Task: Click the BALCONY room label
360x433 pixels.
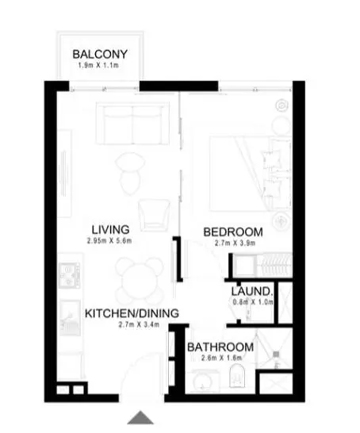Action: (x=100, y=54)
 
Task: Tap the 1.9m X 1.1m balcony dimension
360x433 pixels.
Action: (x=98, y=66)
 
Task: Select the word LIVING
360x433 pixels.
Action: (x=110, y=230)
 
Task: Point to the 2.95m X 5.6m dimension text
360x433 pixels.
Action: (x=109, y=241)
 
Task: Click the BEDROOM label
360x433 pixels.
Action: (x=233, y=232)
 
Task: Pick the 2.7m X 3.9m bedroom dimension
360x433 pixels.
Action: (x=235, y=243)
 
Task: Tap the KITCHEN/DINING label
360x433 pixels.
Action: (x=132, y=313)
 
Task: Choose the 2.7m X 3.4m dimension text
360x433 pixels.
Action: (x=139, y=324)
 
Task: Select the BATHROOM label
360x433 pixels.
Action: (x=220, y=347)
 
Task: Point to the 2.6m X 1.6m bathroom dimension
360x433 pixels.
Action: (x=222, y=358)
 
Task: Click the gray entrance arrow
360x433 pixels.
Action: (x=140, y=417)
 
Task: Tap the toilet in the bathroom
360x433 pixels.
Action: (x=237, y=375)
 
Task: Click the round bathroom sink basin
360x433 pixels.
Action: (x=203, y=382)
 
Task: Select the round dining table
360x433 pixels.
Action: (x=139, y=279)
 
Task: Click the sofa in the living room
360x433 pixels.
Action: (x=132, y=124)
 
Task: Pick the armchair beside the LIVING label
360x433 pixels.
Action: (x=154, y=215)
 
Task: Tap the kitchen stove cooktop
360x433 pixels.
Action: (x=69, y=275)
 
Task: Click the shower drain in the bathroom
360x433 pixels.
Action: (x=276, y=354)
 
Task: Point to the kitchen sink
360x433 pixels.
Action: (x=70, y=317)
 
